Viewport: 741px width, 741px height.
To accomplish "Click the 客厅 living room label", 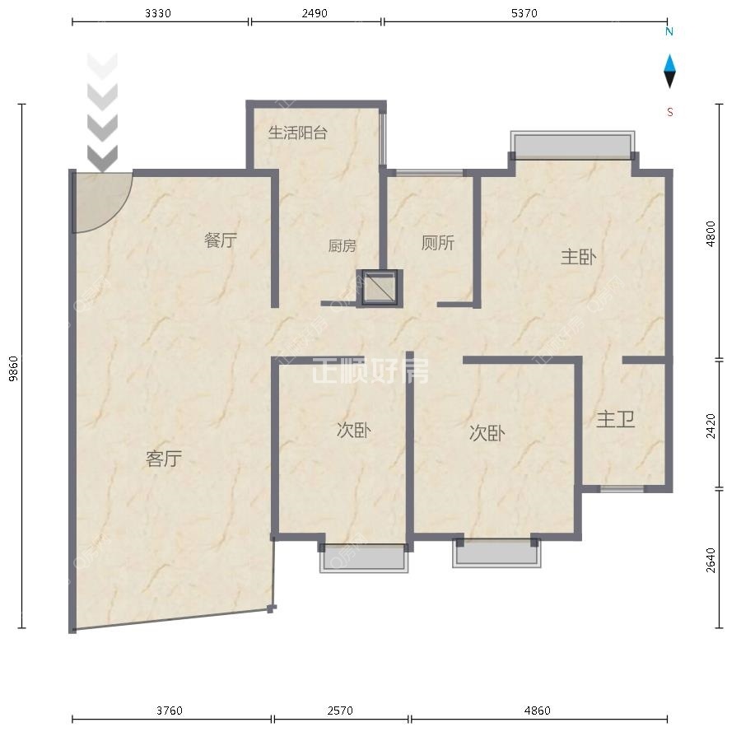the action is click(164, 459).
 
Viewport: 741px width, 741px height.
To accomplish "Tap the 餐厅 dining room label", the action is click(220, 240).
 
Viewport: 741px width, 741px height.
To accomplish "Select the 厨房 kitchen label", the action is click(342, 245).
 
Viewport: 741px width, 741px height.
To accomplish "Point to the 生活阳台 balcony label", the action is click(298, 133).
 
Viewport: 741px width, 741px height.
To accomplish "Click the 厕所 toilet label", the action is click(438, 243).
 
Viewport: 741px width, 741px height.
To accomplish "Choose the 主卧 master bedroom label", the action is click(579, 257).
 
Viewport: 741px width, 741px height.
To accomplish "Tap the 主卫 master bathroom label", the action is click(615, 419).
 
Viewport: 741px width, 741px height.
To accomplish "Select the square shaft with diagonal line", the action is click(380, 288).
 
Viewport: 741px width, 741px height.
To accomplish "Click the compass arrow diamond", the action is click(669, 72).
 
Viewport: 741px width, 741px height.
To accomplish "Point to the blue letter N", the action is click(669, 31).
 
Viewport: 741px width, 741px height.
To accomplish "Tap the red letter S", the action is click(669, 112).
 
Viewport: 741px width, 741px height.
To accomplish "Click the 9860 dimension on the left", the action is click(13, 368).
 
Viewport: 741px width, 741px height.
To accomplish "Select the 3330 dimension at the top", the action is click(158, 13).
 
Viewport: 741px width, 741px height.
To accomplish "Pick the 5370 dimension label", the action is click(524, 13).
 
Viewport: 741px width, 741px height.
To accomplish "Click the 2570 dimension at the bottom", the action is click(340, 711).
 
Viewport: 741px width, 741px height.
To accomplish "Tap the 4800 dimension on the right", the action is click(711, 234).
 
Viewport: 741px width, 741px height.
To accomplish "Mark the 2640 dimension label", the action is click(711, 560).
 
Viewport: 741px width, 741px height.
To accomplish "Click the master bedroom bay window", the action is click(572, 146).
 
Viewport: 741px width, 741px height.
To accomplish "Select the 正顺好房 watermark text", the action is click(370, 370).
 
